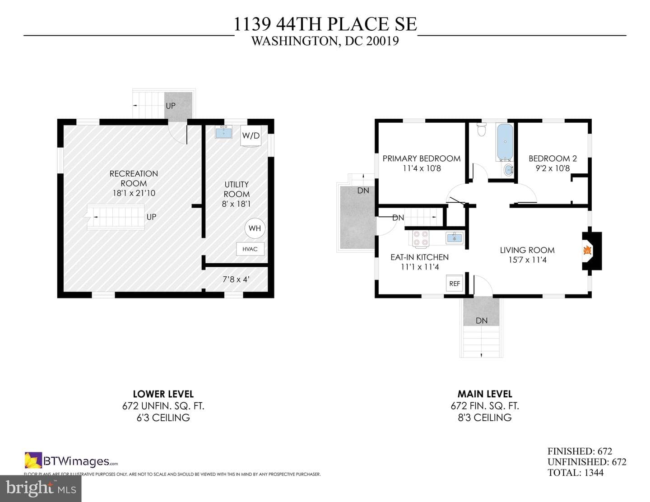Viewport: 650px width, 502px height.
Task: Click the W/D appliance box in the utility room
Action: click(251, 136)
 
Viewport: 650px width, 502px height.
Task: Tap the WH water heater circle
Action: click(255, 228)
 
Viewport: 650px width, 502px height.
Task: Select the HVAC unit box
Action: click(250, 249)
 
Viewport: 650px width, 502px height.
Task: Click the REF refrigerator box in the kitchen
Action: click(455, 284)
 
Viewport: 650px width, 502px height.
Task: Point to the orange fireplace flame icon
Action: click(587, 251)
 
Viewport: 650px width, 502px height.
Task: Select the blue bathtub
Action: click(505, 142)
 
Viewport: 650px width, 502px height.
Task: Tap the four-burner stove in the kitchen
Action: click(421, 238)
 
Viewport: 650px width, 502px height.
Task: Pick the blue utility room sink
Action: click(223, 132)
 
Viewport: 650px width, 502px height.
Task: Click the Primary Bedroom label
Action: click(422, 158)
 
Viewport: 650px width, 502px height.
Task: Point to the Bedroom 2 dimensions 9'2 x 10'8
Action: click(552, 168)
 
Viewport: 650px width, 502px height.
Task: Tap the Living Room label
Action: click(527, 250)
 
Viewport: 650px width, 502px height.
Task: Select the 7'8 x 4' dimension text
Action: click(236, 279)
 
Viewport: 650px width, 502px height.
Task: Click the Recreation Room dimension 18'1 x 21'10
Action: click(134, 193)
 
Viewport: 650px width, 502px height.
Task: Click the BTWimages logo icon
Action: click(33, 460)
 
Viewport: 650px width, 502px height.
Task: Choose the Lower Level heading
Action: click(163, 394)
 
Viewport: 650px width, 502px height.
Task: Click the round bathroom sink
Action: click(509, 171)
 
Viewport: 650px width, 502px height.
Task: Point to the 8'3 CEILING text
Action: click(485, 417)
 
